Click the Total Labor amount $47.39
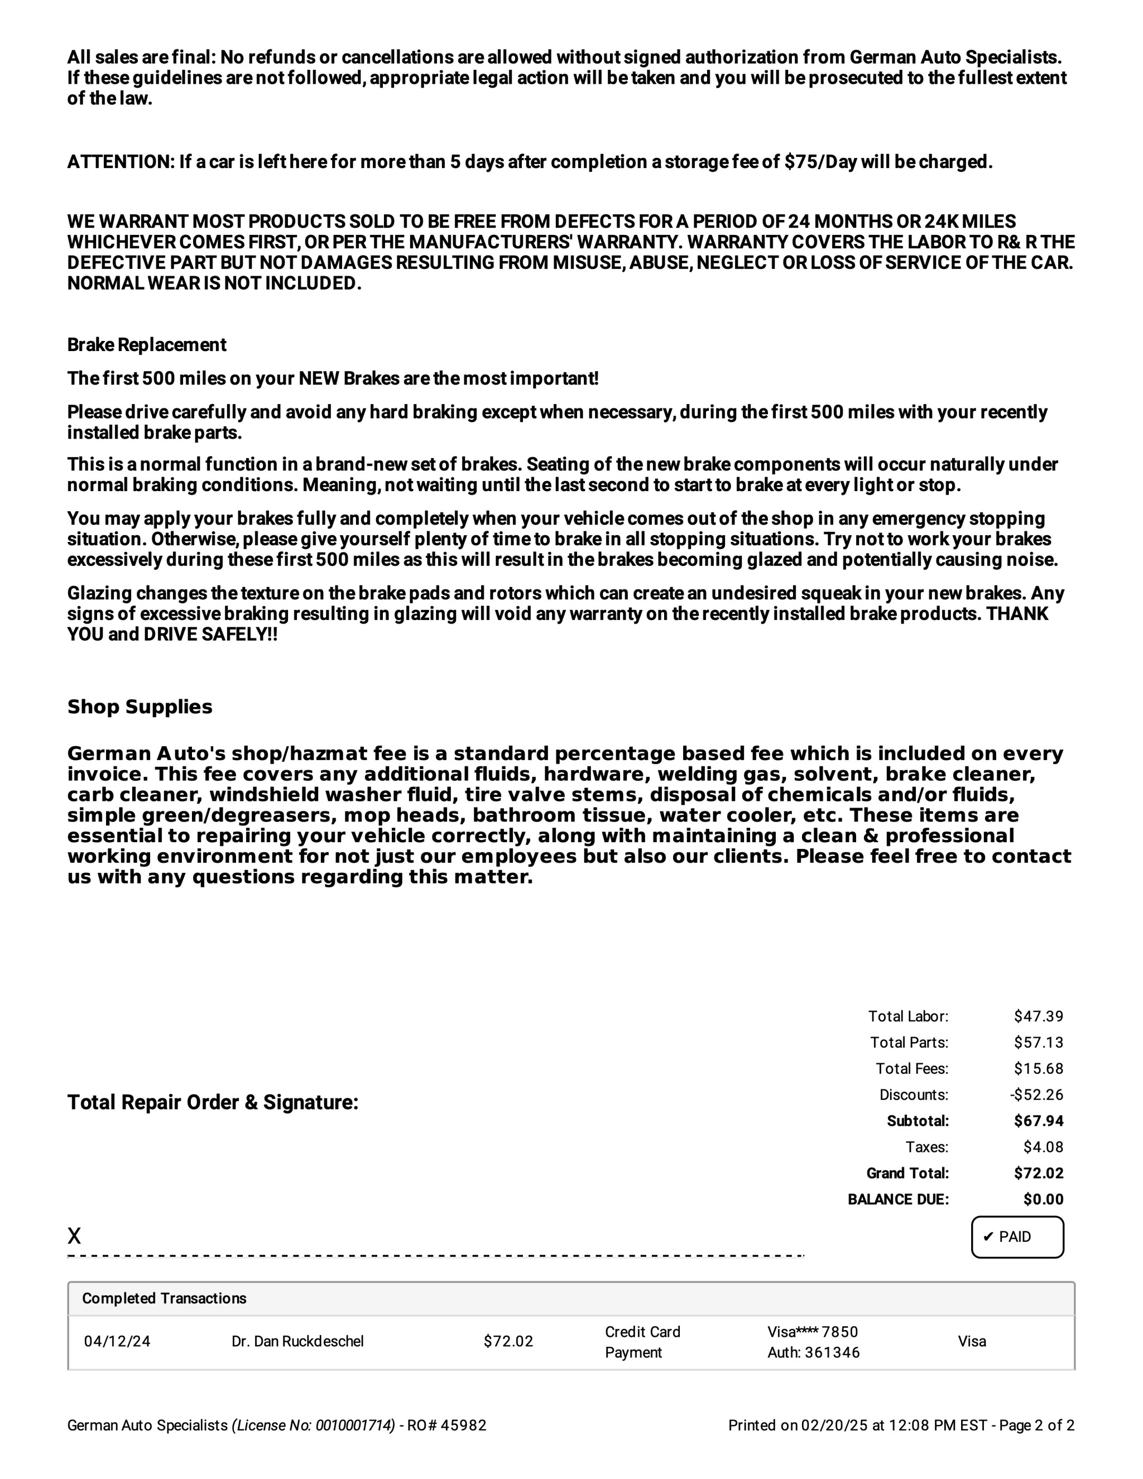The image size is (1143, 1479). (1038, 1016)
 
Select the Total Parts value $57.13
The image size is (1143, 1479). (1038, 1042)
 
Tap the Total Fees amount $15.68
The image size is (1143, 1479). (1038, 1069)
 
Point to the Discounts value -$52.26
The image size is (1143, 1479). (1036, 1094)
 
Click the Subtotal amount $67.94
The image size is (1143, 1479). (1038, 1121)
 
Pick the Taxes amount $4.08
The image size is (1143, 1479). (1043, 1147)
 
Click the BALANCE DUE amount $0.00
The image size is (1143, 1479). (1043, 1199)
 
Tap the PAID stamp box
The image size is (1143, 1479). (1016, 1237)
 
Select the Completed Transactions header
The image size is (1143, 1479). (164, 1298)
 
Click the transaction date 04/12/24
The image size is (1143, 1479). (117, 1341)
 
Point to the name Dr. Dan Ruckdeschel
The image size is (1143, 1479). (297, 1341)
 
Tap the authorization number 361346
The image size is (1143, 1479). (832, 1352)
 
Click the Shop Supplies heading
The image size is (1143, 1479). (140, 707)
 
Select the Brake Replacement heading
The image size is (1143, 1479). (146, 345)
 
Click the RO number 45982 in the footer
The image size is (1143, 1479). (463, 1425)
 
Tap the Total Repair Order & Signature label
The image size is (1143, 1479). (213, 1102)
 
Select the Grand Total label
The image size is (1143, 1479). (907, 1173)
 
